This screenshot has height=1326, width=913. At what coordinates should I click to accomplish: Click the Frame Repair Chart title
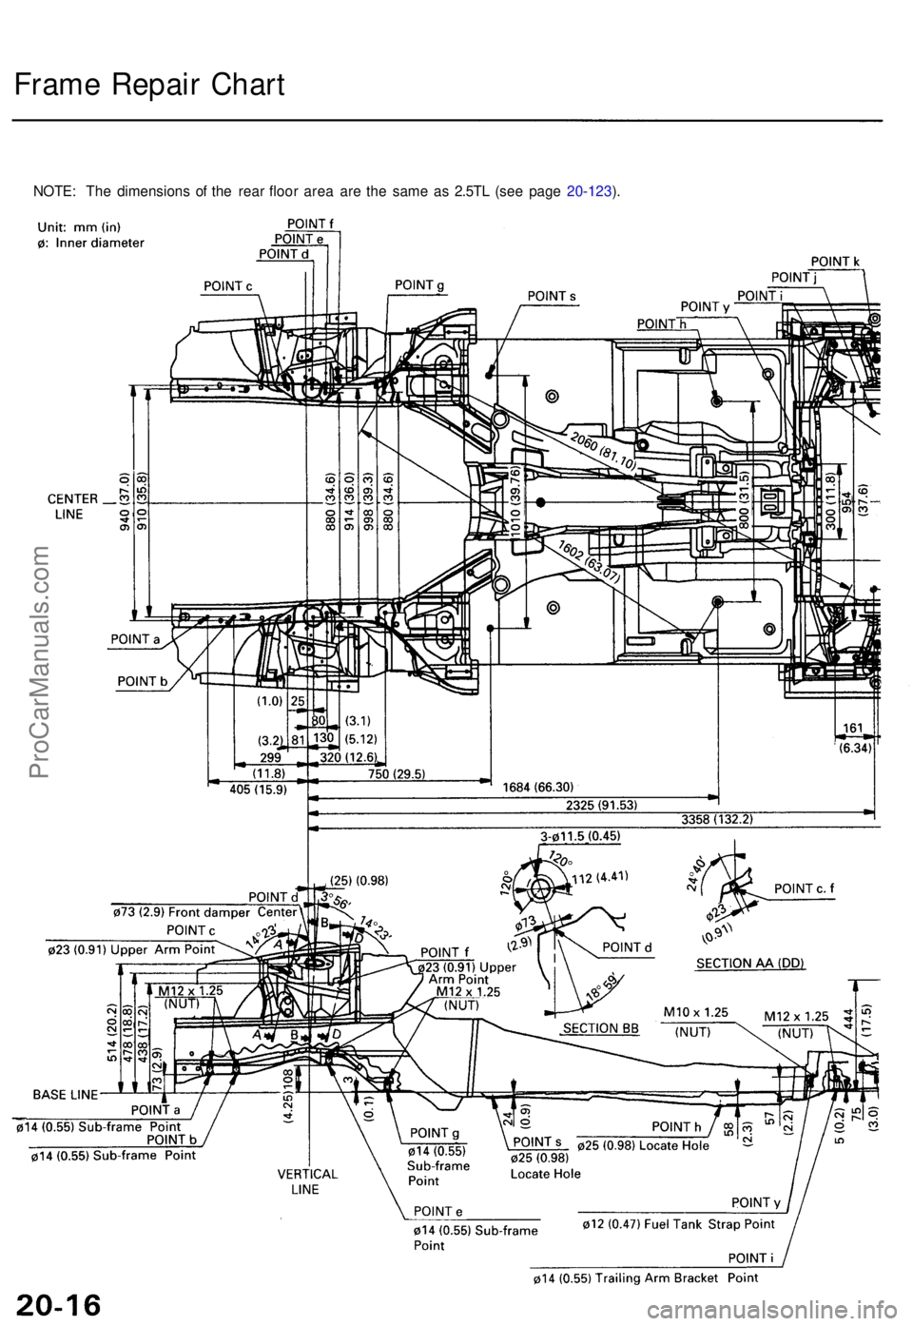coord(149,86)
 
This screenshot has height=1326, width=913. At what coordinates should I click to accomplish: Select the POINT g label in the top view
coord(422,284)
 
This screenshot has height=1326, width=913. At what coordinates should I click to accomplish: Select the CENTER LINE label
coord(73,505)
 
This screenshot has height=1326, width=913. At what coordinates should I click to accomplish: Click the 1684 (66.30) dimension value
coord(537,787)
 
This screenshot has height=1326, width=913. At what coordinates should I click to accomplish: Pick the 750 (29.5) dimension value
coord(397,773)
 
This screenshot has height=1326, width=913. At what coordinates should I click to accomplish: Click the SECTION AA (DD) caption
coord(751,963)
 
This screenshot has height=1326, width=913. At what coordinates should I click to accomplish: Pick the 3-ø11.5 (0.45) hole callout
coord(580,836)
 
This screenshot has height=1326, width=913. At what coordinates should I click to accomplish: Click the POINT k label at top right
coord(837,260)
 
